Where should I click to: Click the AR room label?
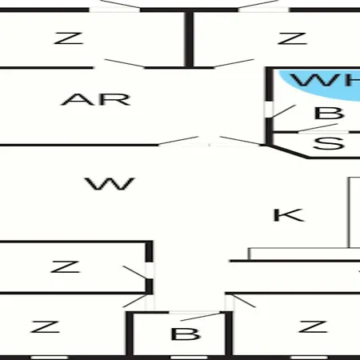point(96,99)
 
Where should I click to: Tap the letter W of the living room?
point(110,184)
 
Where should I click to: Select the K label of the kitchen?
point(289,215)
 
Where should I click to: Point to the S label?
point(329,143)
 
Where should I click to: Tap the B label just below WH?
point(329,113)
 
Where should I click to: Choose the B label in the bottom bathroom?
point(186,334)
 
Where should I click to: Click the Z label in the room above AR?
point(69,38)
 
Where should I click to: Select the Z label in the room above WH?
point(292,38)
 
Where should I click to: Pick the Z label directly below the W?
point(65,266)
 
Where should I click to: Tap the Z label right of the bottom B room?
point(313,326)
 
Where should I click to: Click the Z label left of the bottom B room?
point(45,326)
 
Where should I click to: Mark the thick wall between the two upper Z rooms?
point(189,39)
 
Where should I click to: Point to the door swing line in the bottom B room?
point(201,317)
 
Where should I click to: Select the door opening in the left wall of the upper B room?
point(269,110)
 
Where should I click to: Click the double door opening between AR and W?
point(210,145)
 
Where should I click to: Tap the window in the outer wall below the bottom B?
point(189,358)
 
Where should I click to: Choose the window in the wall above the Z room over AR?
point(114,10)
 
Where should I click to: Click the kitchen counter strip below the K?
point(304,254)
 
